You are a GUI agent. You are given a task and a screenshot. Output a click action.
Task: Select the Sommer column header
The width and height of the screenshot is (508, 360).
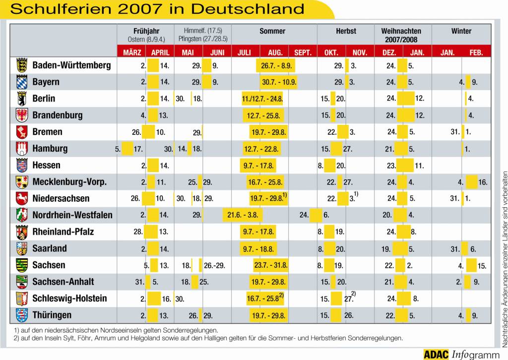pos(272,31)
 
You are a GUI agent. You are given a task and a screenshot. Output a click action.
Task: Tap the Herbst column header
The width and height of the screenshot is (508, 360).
pos(346,31)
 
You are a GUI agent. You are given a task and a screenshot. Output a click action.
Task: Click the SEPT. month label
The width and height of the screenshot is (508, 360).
pos(303,53)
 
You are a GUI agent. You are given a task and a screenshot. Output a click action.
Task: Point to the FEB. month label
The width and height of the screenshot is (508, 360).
pos(476,53)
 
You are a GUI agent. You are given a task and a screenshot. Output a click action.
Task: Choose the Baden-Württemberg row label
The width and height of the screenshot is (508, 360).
pos(71,65)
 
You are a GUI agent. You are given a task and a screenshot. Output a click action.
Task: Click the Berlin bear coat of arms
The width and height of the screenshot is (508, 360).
pos(22,99)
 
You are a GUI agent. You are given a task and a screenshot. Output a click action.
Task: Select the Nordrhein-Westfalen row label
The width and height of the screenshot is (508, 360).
pos(72,215)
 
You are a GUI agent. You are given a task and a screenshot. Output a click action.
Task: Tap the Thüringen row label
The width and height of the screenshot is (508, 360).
pos(52,315)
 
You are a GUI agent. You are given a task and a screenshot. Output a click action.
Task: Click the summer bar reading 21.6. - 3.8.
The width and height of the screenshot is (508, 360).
pos(243,215)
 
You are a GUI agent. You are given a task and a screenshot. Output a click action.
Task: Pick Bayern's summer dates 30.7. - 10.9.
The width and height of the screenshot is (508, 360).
pos(278,82)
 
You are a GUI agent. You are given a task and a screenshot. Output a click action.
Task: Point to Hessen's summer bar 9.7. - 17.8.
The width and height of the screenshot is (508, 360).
pos(258,165)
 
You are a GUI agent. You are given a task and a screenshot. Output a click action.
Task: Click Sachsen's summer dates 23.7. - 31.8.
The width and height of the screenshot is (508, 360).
pos(271,265)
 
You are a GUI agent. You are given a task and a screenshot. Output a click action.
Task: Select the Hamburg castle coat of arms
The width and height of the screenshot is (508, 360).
pos(22,149)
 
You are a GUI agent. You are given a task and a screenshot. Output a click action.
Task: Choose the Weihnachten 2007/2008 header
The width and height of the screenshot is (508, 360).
pos(401,35)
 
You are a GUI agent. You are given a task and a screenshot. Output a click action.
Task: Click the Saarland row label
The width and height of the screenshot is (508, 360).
pos(50,249)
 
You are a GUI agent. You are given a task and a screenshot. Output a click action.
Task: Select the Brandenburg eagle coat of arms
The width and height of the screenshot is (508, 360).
pos(22,116)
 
